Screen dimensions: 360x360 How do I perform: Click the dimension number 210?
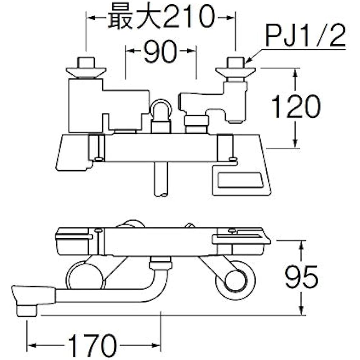[189, 17]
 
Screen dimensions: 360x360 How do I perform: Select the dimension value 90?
[161, 51]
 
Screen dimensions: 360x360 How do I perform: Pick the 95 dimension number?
[301, 276]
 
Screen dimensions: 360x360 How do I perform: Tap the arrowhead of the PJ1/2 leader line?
[248, 61]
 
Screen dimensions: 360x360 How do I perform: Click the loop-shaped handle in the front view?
[161, 108]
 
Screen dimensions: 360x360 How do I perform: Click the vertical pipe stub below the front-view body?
[161, 179]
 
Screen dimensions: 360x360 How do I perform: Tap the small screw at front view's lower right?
[233, 159]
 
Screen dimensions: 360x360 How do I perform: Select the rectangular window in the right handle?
[240, 179]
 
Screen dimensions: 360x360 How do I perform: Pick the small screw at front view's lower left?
[99, 159]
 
